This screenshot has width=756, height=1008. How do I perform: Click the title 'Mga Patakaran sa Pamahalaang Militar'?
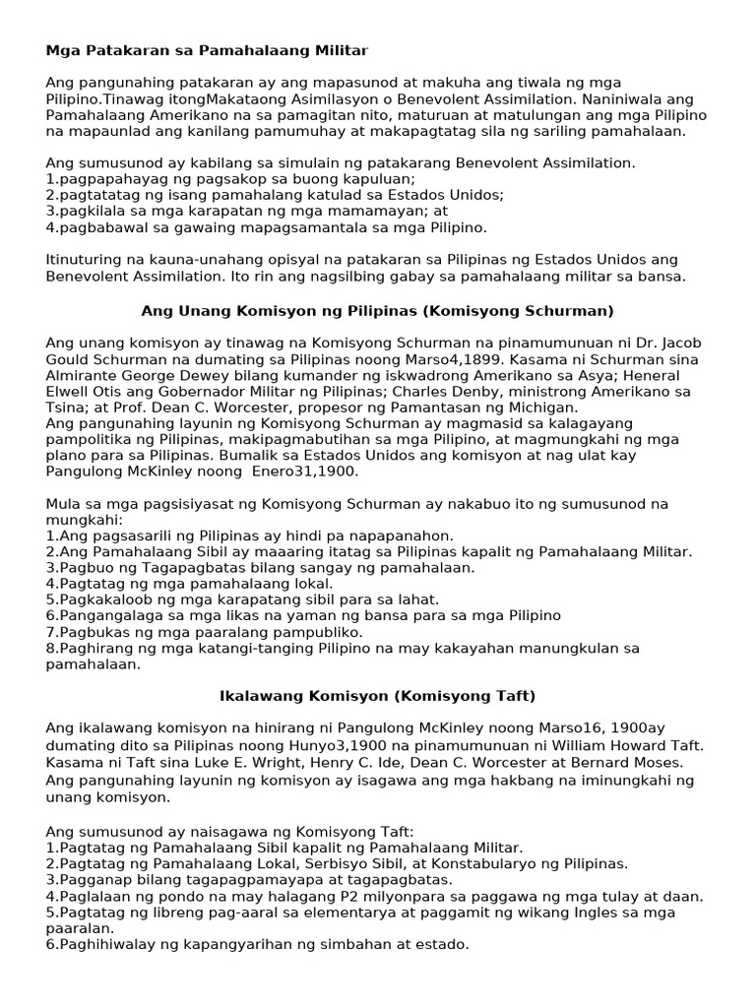pos(207,49)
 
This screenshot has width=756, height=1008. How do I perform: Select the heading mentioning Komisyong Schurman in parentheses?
pos(378,311)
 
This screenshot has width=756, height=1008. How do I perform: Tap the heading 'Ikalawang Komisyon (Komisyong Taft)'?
pos(378,696)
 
